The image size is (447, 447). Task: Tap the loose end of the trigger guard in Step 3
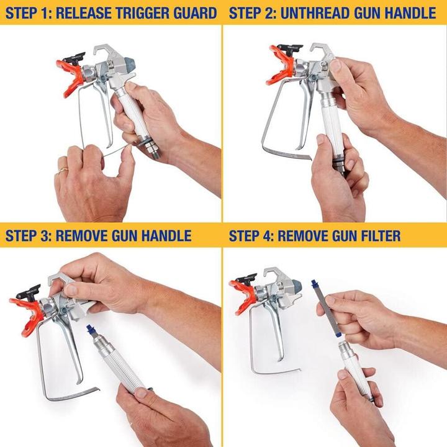[x=93, y=392]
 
